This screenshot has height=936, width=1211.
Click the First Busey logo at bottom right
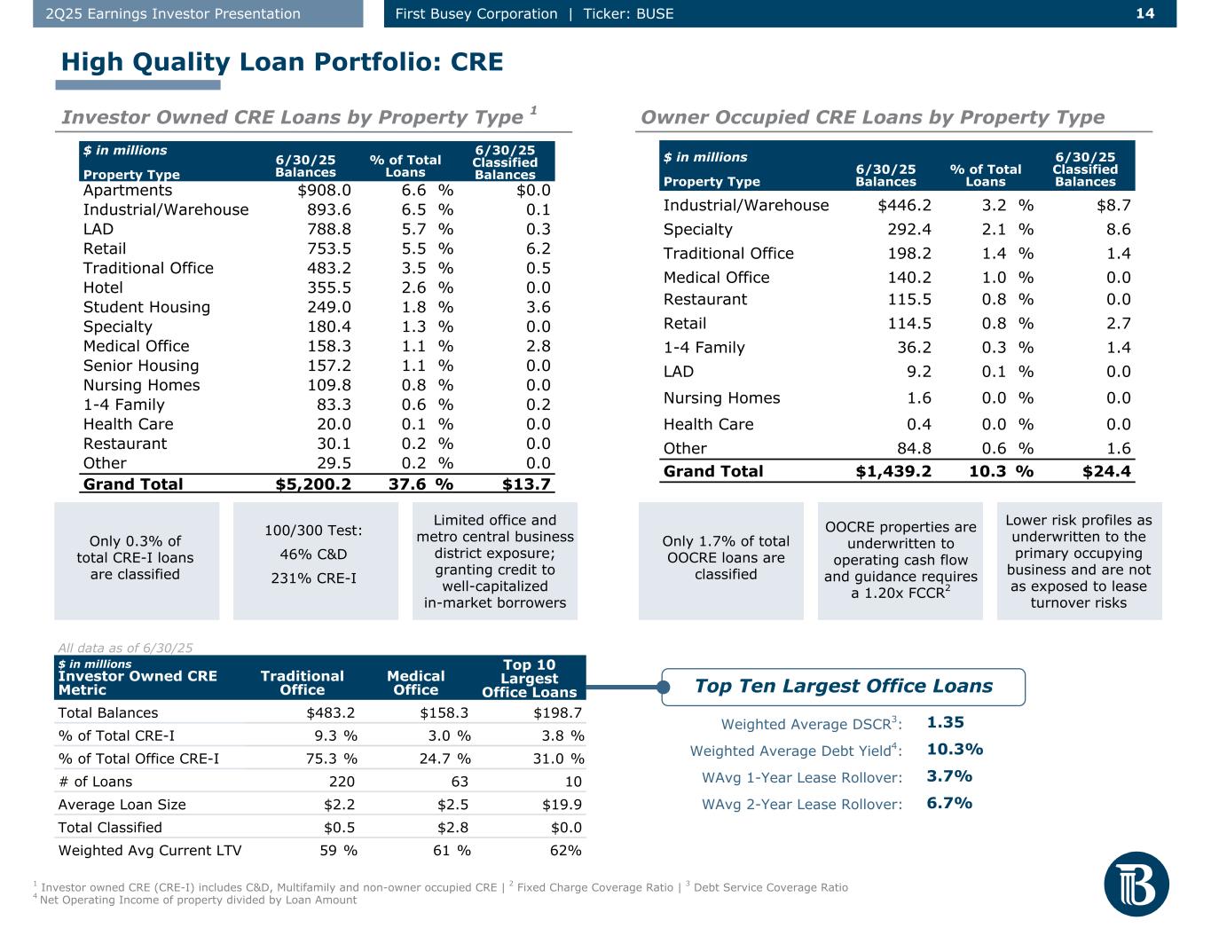coord(1136,883)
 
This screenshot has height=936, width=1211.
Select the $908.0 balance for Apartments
coord(325,190)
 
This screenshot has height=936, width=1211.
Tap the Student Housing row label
coord(146,307)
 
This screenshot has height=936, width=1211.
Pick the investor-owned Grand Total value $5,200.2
coord(314,484)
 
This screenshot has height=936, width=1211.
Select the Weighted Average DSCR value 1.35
coord(945,723)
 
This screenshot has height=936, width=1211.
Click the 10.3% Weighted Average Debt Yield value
coord(955,750)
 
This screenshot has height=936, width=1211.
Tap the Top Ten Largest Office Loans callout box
coord(843,686)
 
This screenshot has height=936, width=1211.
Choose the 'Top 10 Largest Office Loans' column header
coord(529,678)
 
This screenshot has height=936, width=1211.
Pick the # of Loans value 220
coord(342,782)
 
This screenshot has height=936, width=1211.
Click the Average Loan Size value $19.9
coord(564,805)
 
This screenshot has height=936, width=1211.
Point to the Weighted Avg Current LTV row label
coord(149,851)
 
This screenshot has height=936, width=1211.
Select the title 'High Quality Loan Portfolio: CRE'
coord(282,62)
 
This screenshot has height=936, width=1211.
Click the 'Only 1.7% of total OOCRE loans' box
coord(725,558)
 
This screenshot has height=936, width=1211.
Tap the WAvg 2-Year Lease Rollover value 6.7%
coord(949,803)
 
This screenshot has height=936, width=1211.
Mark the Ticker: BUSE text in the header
coord(628,13)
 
